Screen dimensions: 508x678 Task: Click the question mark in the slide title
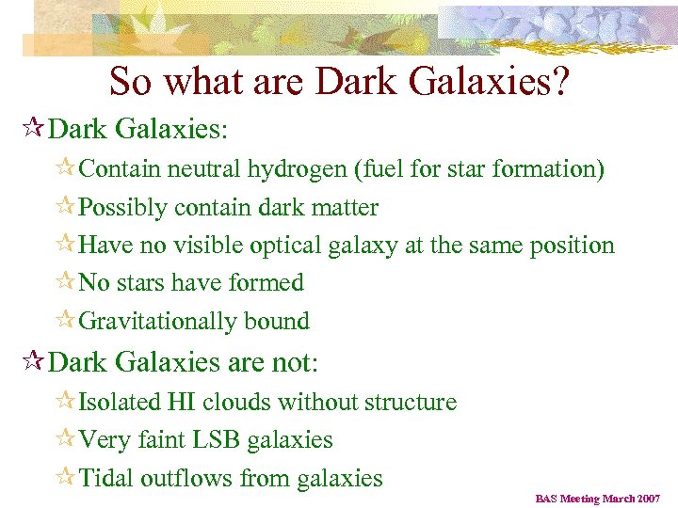point(558,83)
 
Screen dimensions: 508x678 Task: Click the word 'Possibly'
point(123,208)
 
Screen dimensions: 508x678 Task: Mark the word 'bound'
point(277,321)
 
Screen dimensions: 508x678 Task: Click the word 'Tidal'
point(106,478)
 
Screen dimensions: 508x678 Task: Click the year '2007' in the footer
point(647,498)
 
